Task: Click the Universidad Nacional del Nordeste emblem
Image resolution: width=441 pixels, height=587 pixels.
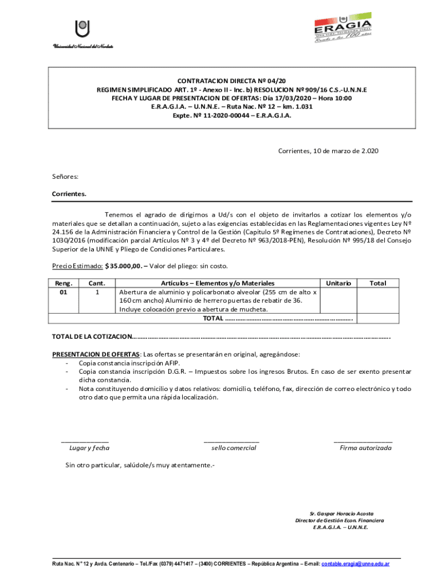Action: [83, 29]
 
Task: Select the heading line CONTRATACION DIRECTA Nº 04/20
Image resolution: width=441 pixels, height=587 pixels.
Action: [232, 81]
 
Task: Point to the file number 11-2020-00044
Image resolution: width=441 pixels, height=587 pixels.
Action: [220, 115]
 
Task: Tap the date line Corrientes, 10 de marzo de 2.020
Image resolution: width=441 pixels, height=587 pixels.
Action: [328, 151]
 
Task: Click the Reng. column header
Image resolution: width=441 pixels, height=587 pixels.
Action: [65, 283]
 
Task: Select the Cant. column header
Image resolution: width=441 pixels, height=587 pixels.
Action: [97, 283]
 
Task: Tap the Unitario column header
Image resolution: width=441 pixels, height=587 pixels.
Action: [338, 283]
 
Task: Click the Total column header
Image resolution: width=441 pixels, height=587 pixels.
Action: [377, 283]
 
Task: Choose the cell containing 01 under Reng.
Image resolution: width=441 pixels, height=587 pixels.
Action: [65, 292]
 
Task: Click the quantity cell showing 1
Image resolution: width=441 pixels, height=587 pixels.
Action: [97, 292]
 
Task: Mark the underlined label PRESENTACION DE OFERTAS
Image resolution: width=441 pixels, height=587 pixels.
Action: [96, 354]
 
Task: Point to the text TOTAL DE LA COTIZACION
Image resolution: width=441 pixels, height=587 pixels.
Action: [92, 336]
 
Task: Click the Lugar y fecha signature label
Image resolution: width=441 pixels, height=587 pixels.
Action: [89, 448]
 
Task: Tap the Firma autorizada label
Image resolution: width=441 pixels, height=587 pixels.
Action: [365, 448]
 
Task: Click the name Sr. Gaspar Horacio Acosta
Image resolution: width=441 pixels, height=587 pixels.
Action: [341, 513]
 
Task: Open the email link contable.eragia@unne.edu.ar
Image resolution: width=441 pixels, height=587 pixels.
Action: [356, 564]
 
